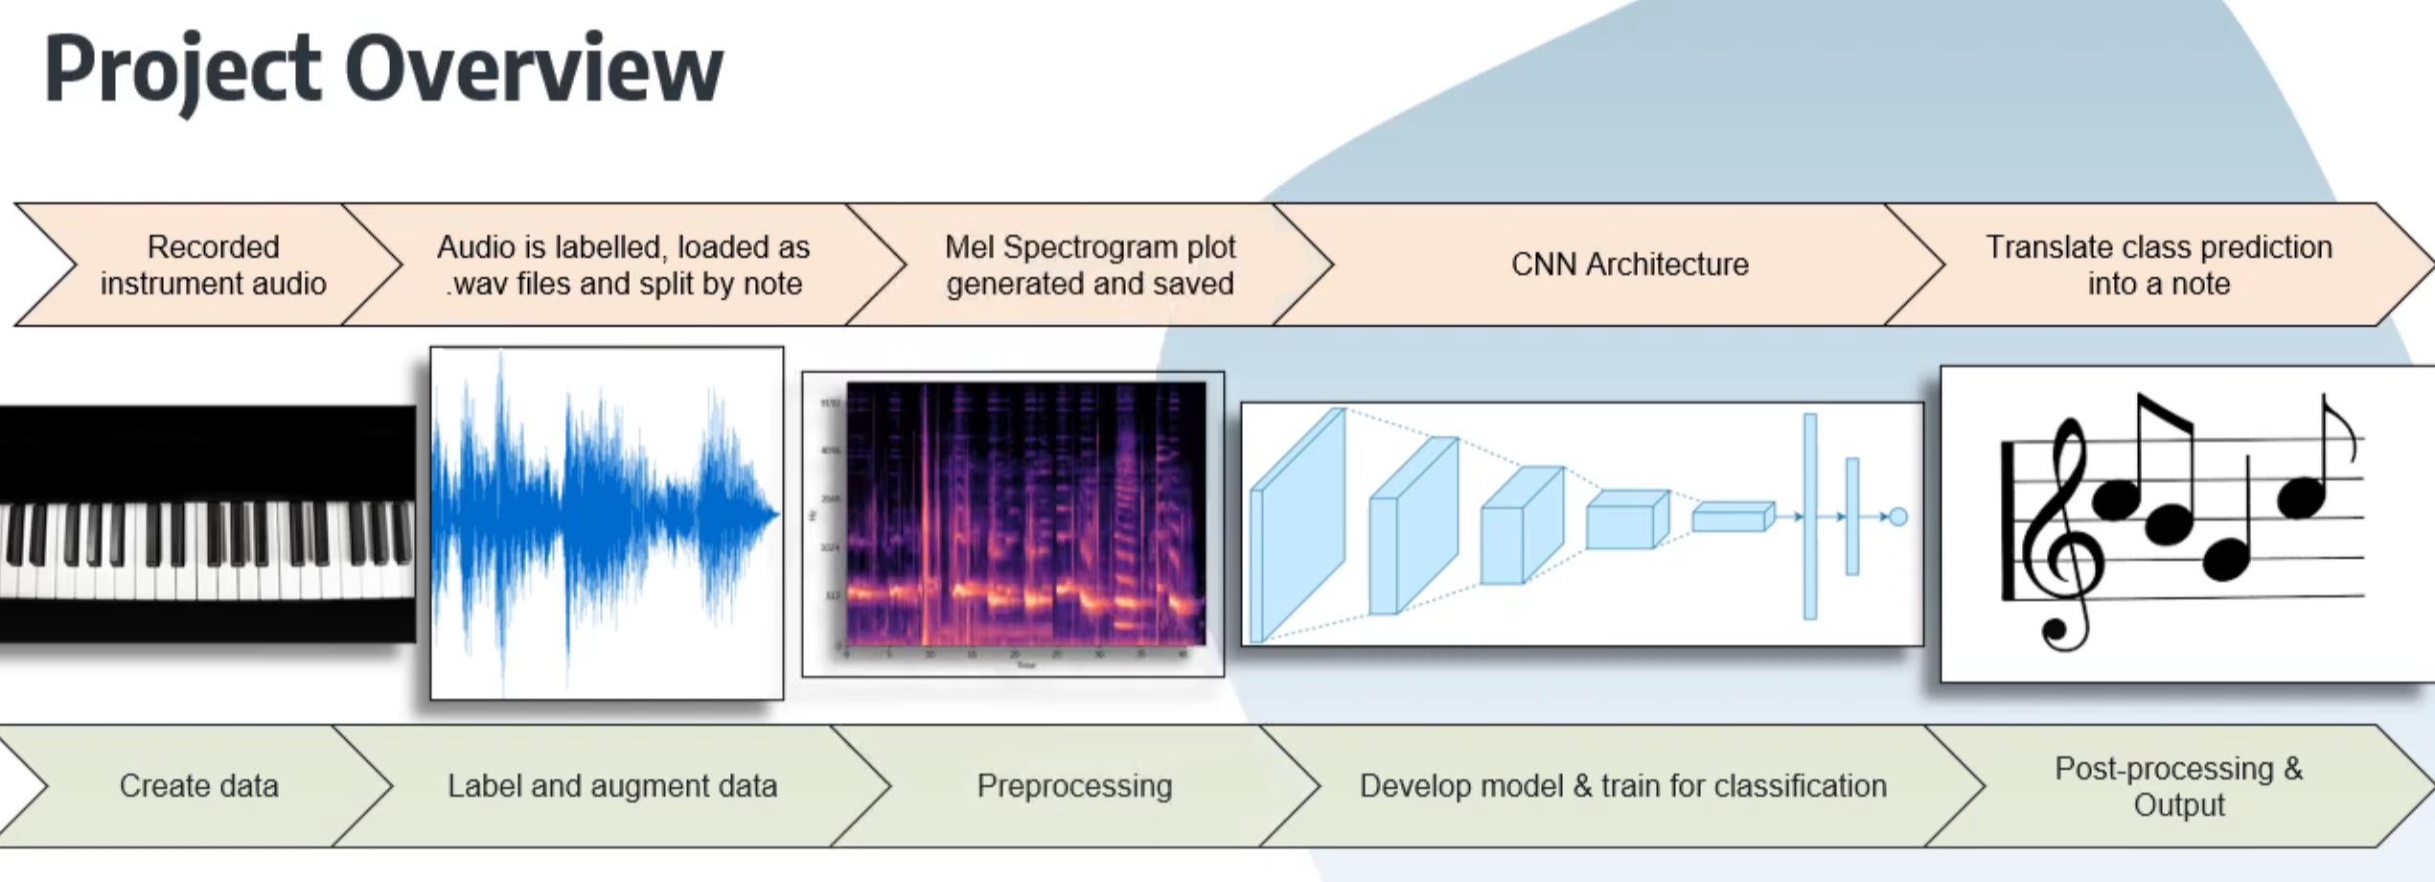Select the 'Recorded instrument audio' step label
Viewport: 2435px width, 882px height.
(x=213, y=266)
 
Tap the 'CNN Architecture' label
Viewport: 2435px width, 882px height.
(x=1629, y=265)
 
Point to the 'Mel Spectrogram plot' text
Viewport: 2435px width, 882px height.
(x=1090, y=247)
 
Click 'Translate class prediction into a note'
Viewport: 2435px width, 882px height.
(x=2158, y=266)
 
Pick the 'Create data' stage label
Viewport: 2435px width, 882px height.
(x=198, y=786)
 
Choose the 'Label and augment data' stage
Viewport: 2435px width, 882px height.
(x=611, y=786)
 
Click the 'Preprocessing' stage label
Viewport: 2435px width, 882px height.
(x=1073, y=786)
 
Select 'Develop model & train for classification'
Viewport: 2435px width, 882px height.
(x=1622, y=786)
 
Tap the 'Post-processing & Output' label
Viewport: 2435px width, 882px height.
(x=2178, y=786)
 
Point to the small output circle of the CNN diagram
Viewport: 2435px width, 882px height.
(x=1897, y=518)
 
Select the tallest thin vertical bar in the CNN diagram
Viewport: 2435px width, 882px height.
(x=1809, y=517)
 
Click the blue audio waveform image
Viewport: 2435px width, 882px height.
(x=606, y=522)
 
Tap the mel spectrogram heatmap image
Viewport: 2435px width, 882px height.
(x=1025, y=513)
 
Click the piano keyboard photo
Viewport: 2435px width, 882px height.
(x=207, y=523)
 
